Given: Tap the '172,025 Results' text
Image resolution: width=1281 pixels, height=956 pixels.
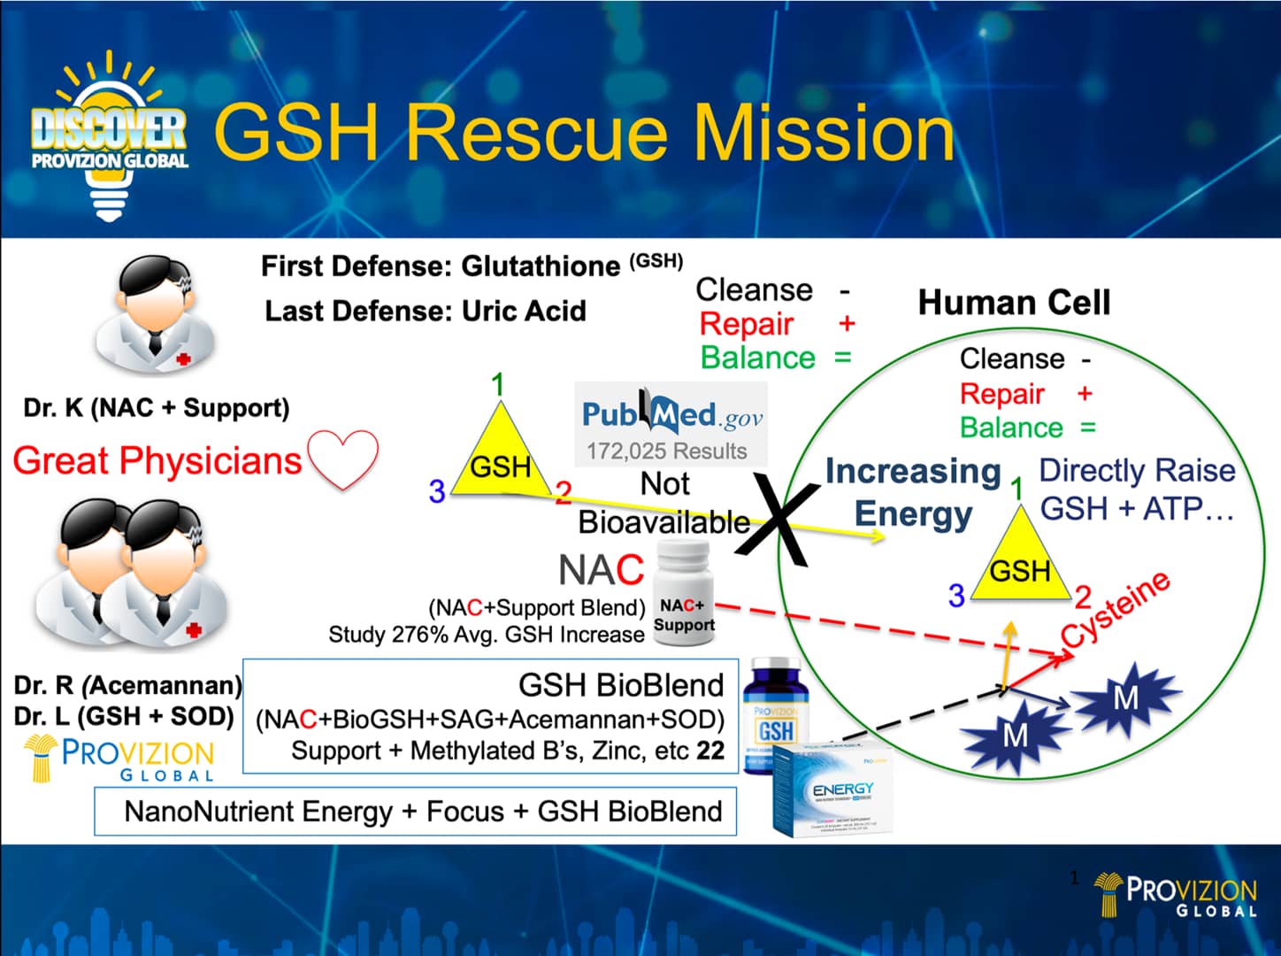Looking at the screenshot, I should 666,451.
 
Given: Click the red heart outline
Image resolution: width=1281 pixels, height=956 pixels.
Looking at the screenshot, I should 344,459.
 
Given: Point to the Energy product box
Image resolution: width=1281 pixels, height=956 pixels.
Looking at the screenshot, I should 833,790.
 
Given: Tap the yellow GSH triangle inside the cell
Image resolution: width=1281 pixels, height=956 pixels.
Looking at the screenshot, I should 1020,564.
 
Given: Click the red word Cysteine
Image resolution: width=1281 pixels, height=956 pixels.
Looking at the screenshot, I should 1116,610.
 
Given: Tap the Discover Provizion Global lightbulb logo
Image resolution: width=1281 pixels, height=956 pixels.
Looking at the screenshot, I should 109,137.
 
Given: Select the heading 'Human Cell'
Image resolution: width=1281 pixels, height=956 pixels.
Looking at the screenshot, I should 1013,303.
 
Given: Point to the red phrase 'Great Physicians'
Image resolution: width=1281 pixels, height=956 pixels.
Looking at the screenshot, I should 157,461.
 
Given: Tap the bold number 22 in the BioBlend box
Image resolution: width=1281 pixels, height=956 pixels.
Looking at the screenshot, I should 710,751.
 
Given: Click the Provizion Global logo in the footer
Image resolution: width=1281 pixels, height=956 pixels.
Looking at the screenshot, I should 1176,895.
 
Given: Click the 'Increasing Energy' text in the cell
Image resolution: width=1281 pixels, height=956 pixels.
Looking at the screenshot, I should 913,492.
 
